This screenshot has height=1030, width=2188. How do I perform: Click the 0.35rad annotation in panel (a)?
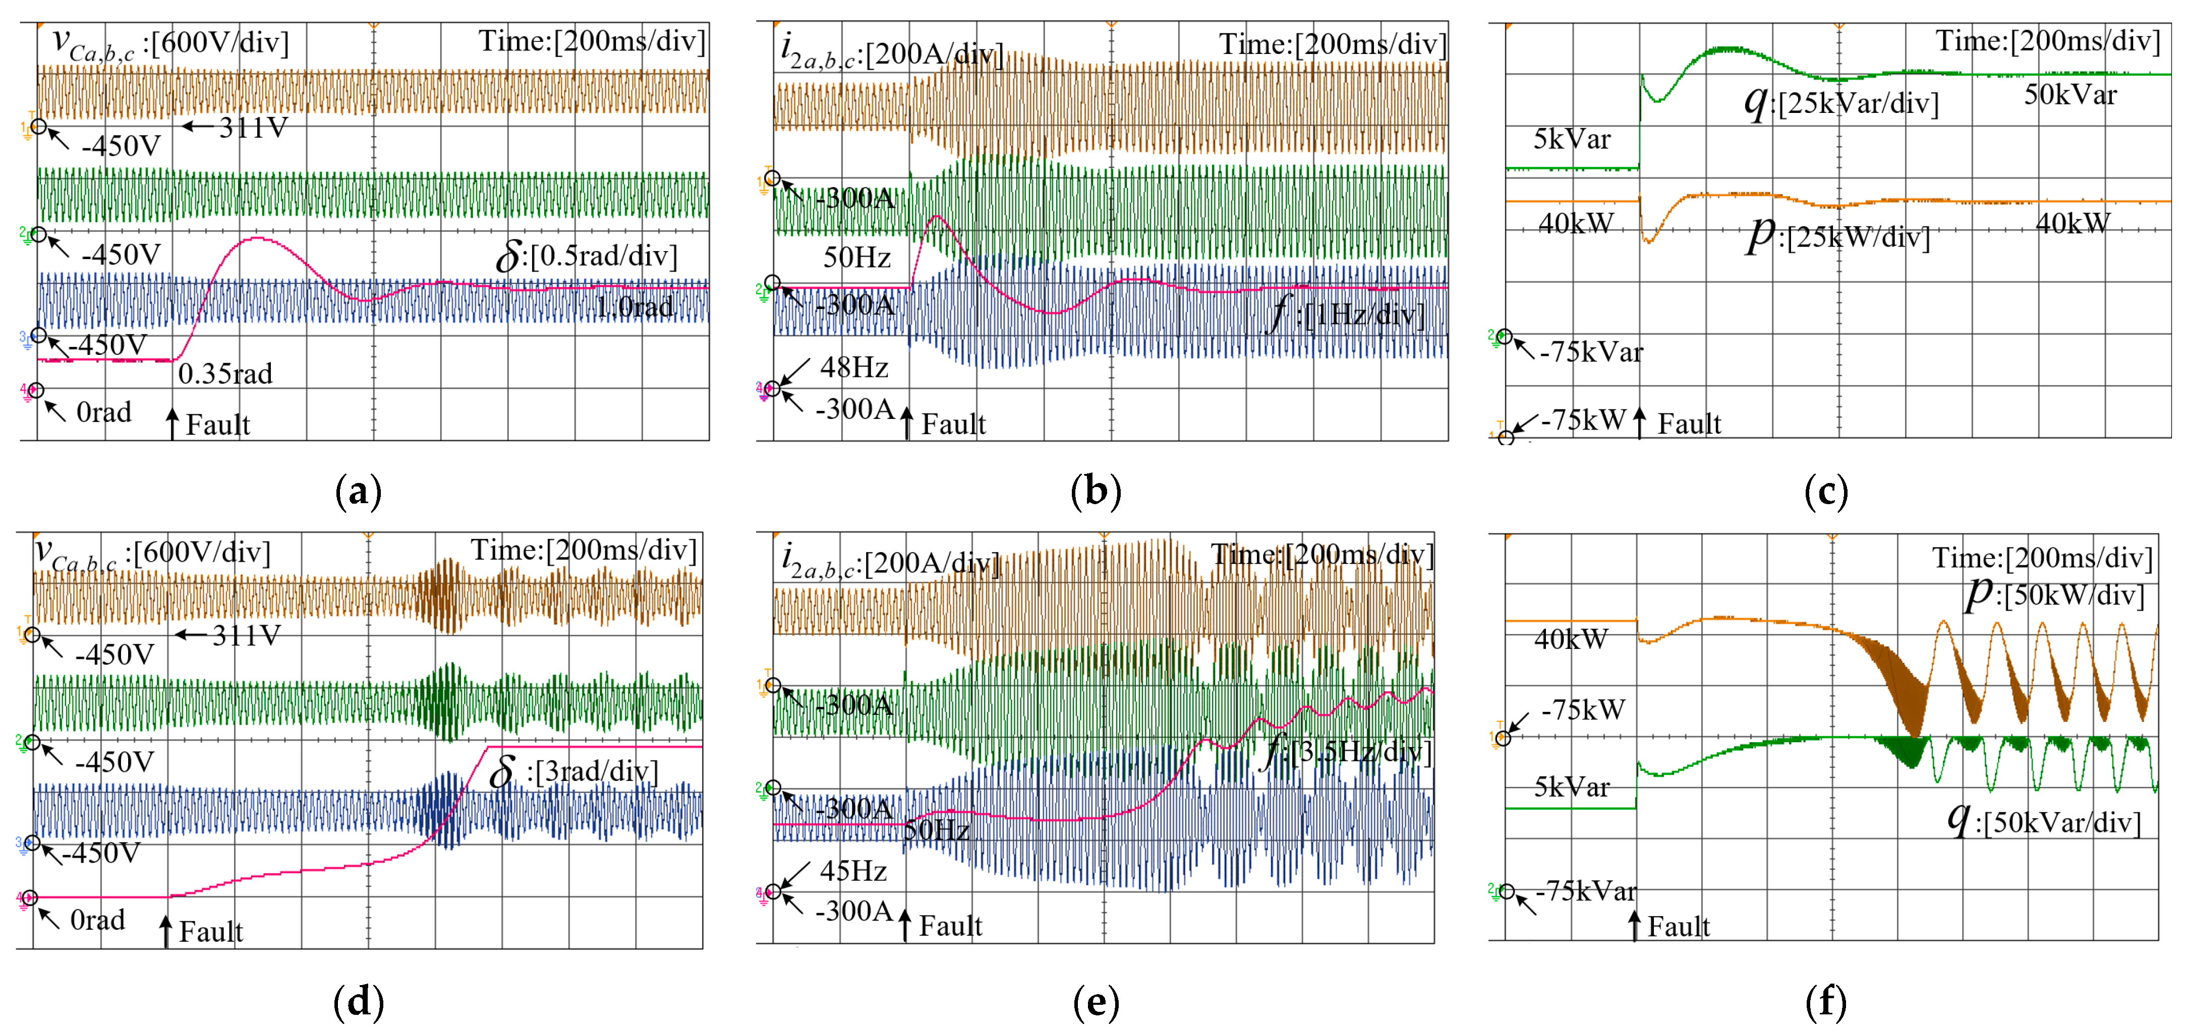coord(225,374)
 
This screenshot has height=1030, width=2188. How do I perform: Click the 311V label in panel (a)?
coord(253,128)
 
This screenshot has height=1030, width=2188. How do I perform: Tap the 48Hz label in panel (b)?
coord(853,368)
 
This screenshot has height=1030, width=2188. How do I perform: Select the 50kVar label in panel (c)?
coord(2070,94)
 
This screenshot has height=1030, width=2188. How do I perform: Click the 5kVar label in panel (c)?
coord(1571,139)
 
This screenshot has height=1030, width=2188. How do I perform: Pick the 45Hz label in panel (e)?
coord(853,871)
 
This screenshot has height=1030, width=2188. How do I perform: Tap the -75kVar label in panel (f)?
coord(1585,891)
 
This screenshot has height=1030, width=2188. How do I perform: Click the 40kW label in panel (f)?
coord(1571,639)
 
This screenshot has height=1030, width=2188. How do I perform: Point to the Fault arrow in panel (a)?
coord(172,423)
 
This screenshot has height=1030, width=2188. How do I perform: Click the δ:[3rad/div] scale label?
coord(573,771)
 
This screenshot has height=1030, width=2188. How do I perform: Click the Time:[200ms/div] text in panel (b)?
coord(1333,44)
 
